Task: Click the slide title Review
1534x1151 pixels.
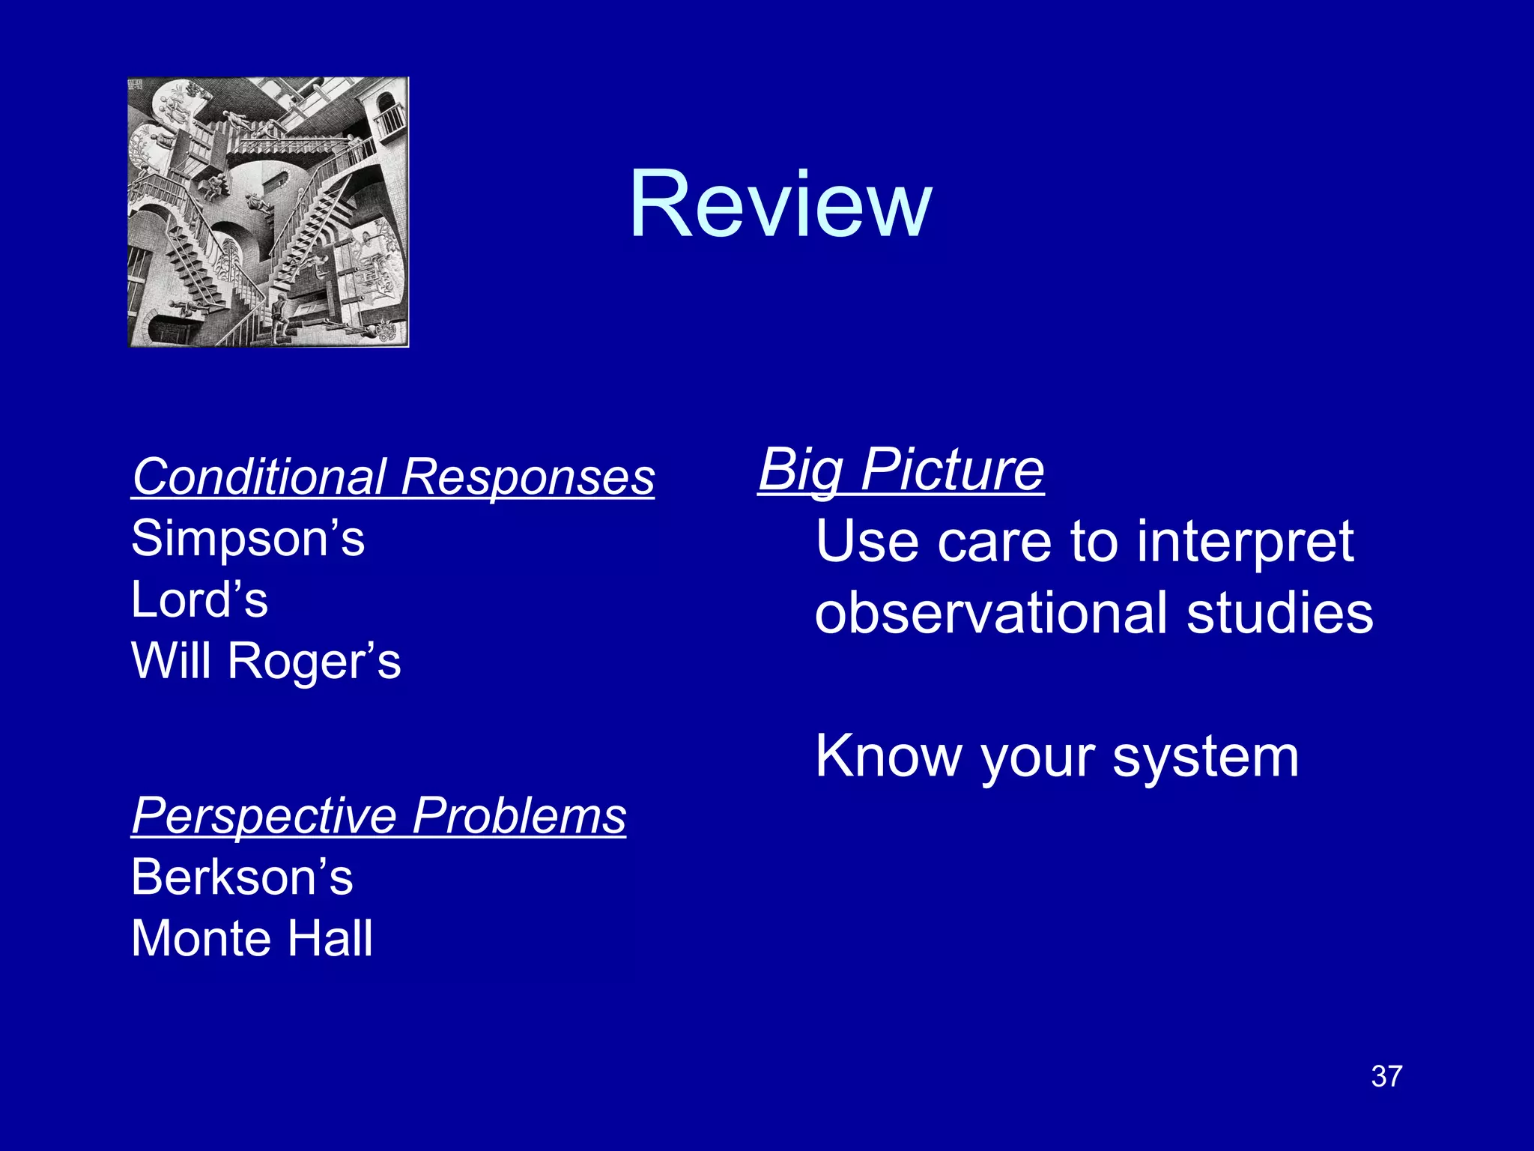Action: (x=780, y=205)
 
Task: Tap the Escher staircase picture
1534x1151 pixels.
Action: (x=268, y=212)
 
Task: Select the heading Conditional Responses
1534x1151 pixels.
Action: (x=393, y=477)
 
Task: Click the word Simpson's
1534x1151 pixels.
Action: (x=248, y=539)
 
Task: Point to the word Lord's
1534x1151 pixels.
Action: (x=199, y=600)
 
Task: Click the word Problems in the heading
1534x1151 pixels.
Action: (x=519, y=816)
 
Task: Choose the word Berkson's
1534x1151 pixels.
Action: (x=242, y=877)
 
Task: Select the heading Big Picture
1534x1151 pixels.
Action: (x=901, y=471)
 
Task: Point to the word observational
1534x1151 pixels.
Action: (x=991, y=613)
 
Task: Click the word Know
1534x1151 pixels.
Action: (x=888, y=757)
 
